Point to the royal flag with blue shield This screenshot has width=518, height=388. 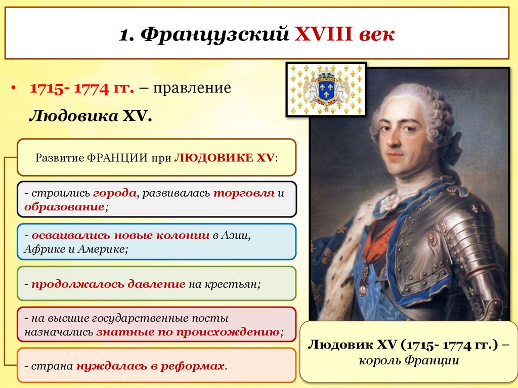click(326, 89)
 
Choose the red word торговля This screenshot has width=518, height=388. click(243, 193)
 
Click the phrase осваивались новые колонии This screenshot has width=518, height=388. click(120, 235)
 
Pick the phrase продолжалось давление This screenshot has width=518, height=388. click(108, 284)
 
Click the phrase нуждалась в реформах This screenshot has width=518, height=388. click(150, 365)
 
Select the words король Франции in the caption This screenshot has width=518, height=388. click(409, 361)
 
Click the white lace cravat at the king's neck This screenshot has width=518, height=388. click(391, 200)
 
